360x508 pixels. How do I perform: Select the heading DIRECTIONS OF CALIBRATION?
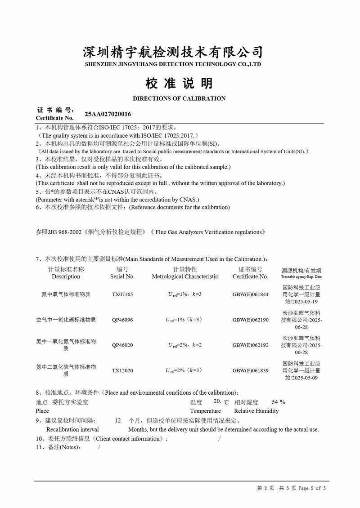point(179,98)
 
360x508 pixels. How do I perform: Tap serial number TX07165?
point(122,294)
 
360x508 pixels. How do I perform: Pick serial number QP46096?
point(122,320)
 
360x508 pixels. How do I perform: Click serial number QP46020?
point(122,345)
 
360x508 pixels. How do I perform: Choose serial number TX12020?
point(122,370)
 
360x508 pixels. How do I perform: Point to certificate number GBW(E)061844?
point(250,294)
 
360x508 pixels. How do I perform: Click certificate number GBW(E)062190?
point(250,320)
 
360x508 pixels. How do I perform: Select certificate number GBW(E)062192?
point(250,345)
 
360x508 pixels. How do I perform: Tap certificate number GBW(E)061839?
point(250,370)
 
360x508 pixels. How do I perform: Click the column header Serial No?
point(122,276)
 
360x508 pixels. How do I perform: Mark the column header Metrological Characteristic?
point(184,276)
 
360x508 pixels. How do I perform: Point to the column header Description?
point(66,276)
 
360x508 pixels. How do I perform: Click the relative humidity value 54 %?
point(279,402)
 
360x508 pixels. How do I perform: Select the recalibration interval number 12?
point(118,421)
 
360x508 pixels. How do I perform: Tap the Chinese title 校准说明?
point(179,83)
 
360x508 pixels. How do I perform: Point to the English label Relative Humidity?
point(256,411)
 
